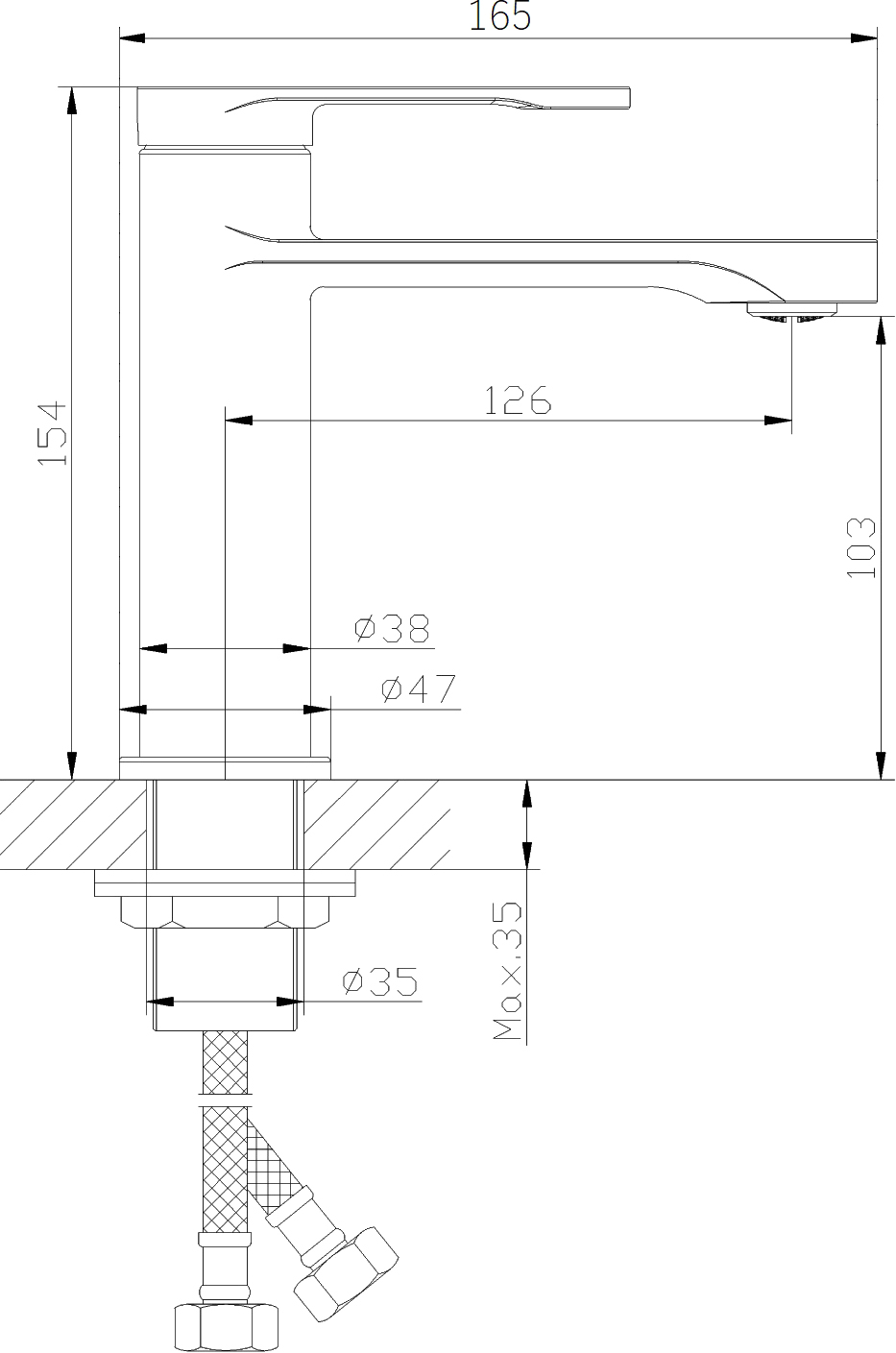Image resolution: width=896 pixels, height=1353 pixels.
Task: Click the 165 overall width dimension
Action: pos(499,15)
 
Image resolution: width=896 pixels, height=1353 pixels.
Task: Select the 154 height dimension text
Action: pos(52,432)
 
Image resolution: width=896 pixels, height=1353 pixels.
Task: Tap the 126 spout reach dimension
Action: pos(518,399)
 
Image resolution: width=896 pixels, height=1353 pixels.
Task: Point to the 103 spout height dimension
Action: pos(860,547)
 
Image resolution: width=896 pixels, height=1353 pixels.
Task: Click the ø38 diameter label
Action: pos(392,628)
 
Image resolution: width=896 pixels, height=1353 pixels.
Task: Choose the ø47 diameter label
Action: pos(419,689)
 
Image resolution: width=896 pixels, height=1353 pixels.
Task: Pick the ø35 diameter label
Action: pos(380,981)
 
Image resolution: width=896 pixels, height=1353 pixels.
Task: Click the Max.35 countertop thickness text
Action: pos(507,971)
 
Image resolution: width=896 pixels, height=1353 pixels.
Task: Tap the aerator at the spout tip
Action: pos(792,313)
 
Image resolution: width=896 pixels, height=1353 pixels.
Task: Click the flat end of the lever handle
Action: pos(628,98)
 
